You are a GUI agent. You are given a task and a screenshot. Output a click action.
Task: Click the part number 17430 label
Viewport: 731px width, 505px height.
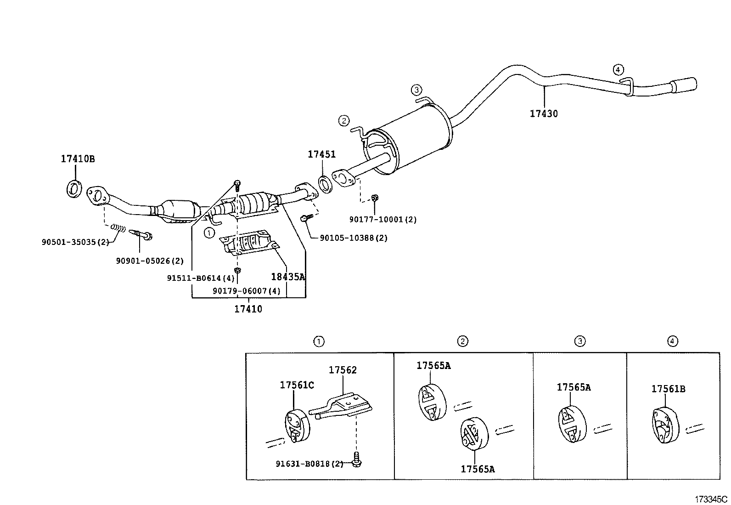pyautogui.click(x=544, y=113)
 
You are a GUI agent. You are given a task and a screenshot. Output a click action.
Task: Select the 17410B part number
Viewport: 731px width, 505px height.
pyautogui.click(x=78, y=159)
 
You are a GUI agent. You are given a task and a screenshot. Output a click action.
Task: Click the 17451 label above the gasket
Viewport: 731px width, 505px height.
pyautogui.click(x=321, y=154)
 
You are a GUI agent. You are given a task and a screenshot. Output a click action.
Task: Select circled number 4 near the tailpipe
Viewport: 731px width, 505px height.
pyautogui.click(x=618, y=70)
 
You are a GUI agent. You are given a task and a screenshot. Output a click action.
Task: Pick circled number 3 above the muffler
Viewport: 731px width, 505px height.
pyautogui.click(x=416, y=89)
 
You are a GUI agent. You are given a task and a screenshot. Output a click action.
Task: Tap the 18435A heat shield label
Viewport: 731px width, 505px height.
pyautogui.click(x=288, y=277)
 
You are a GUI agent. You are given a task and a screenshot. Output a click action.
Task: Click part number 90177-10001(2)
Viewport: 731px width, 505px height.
pyautogui.click(x=382, y=220)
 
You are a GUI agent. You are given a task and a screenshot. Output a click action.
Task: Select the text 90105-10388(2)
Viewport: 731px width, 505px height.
pyautogui.click(x=354, y=238)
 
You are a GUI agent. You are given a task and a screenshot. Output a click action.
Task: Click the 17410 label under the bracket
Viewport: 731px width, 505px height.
pyautogui.click(x=248, y=309)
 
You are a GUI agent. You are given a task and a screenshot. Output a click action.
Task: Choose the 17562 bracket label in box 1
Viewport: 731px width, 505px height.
pyautogui.click(x=343, y=370)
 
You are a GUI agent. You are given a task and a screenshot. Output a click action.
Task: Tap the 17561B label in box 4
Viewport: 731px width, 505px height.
pyautogui.click(x=668, y=389)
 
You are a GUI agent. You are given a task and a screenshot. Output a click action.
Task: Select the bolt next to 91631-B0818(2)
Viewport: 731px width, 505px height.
pyautogui.click(x=356, y=460)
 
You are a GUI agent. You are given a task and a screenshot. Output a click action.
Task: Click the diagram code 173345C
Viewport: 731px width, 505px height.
pyautogui.click(x=711, y=499)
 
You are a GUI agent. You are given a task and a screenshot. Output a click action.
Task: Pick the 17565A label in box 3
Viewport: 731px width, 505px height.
pyautogui.click(x=574, y=387)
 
